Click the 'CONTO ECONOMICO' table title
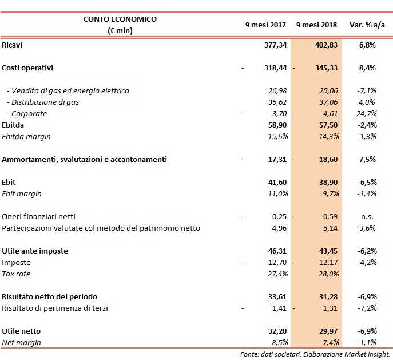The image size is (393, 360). click(x=120, y=19)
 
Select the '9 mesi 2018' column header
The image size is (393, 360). click(x=316, y=25)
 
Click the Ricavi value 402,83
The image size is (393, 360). click(x=327, y=45)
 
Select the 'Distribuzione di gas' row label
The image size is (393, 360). click(x=43, y=102)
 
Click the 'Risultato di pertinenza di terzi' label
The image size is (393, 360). click(x=54, y=308)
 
